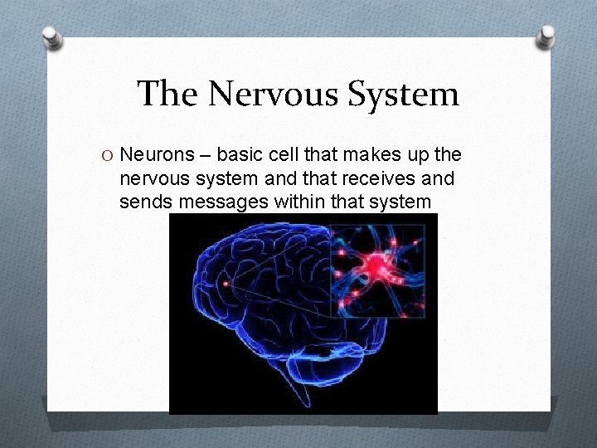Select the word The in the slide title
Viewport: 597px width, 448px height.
[167, 94]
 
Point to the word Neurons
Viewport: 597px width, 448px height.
[154, 155]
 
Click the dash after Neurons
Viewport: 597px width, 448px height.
[202, 156]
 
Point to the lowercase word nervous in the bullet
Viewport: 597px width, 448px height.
[152, 178]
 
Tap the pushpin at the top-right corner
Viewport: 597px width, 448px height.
[548, 35]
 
